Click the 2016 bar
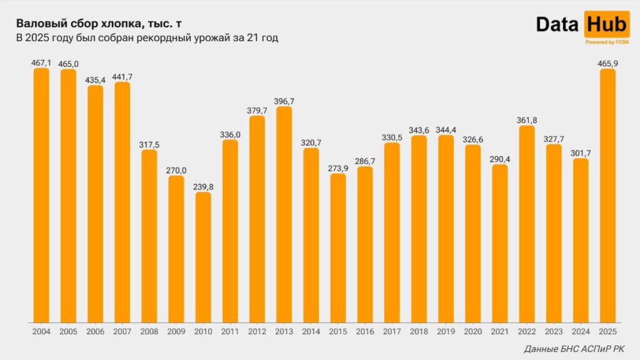(x=365, y=244)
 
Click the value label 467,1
(x=41, y=62)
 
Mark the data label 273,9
(x=338, y=168)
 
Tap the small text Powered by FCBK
(x=607, y=42)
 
